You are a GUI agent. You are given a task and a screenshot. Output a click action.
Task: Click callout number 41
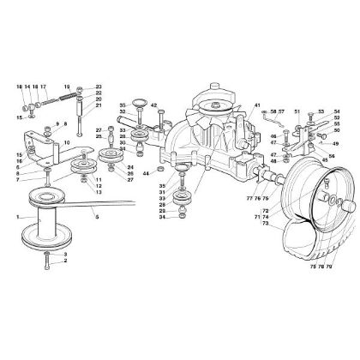(x=256, y=104)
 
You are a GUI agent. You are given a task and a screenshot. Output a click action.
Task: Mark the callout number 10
(x=66, y=141)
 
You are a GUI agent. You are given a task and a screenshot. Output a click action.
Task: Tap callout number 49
(x=336, y=143)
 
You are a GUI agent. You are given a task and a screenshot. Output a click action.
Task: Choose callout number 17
(x=42, y=86)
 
